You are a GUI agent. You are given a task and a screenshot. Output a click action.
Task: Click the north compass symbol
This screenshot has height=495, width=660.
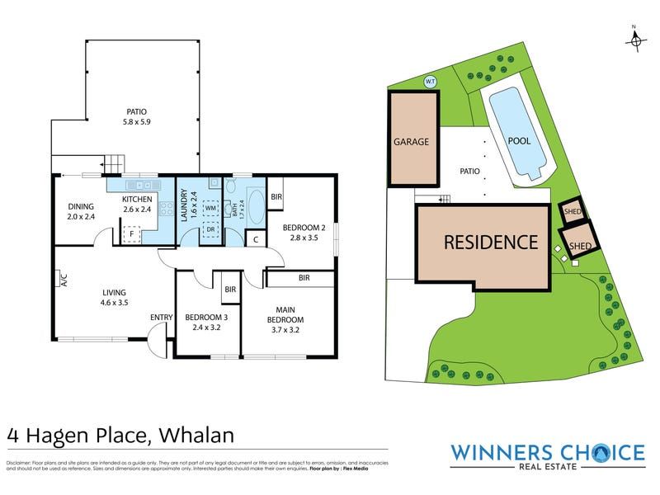point(634,40)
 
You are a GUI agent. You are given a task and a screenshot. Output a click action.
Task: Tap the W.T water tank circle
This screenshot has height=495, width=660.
point(429,81)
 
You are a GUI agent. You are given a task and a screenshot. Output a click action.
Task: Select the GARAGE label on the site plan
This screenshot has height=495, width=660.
point(411,141)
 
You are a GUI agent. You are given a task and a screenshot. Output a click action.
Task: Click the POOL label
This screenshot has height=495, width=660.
point(519,141)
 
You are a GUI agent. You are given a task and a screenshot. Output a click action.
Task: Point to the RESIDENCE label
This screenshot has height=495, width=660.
point(491,243)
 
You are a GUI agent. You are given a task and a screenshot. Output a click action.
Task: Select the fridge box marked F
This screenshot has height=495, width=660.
point(130,235)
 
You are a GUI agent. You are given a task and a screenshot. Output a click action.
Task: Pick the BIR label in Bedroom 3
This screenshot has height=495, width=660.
point(230,290)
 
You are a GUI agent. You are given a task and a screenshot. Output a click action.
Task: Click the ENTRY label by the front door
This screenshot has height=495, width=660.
point(162,318)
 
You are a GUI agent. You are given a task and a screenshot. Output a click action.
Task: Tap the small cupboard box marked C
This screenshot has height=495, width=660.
point(256,239)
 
